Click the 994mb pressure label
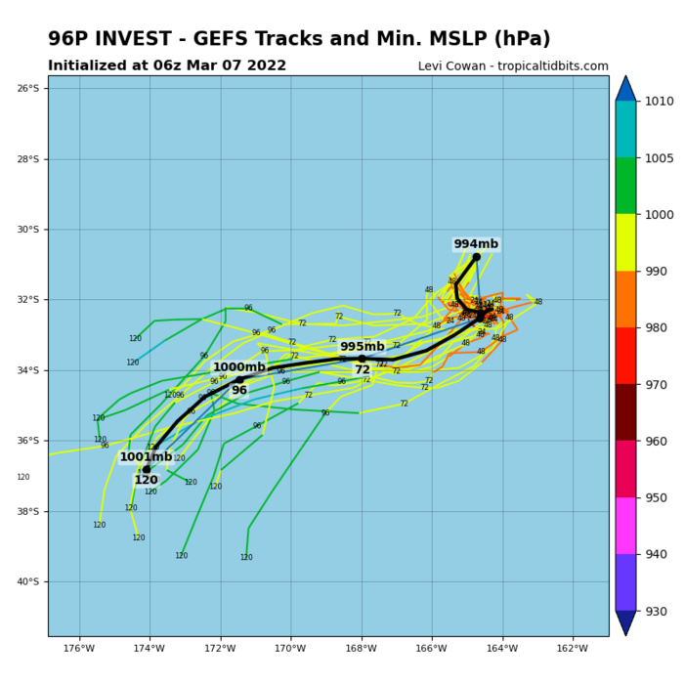[x=476, y=244]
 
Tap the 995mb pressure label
[x=362, y=347]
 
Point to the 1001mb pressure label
[x=146, y=456]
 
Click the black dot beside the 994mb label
[x=477, y=257]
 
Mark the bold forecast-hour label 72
[x=363, y=370]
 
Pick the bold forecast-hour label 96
[x=239, y=391]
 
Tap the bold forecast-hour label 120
[x=146, y=481]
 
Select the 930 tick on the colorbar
[x=659, y=612]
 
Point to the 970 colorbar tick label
[x=659, y=385]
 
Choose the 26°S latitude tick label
[x=27, y=89]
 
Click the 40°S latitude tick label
[x=27, y=582]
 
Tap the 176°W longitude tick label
[x=79, y=649]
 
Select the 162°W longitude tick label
[x=573, y=649]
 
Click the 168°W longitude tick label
[x=362, y=649]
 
